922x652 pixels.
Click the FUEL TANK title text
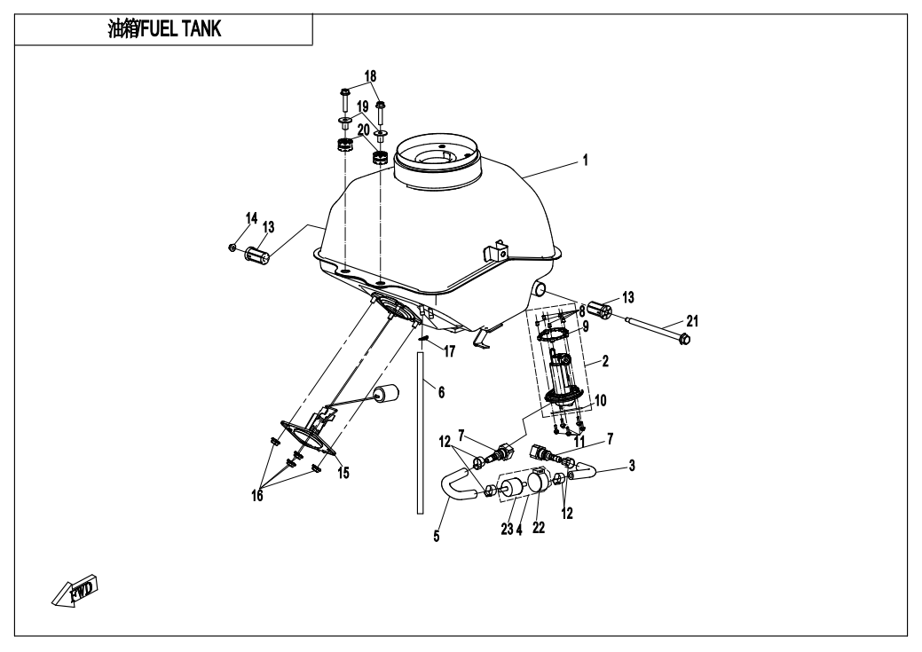163,30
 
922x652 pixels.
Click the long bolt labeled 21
657,329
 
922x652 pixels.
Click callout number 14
251,217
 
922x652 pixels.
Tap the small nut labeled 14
232,246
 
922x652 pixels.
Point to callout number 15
343,473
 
